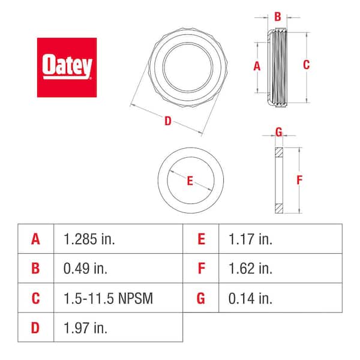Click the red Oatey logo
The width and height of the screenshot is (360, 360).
pyautogui.click(x=67, y=67)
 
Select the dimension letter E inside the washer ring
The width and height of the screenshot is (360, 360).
pyautogui.click(x=190, y=181)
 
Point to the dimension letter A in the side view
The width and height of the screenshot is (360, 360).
pyautogui.click(x=257, y=67)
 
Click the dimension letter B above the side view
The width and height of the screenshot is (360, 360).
pyautogui.click(x=278, y=17)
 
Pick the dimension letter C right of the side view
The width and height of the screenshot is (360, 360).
pyautogui.click(x=306, y=65)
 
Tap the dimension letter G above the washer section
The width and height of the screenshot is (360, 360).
pyautogui.click(x=278, y=132)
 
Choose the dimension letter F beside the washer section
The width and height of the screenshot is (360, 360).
pyautogui.click(x=301, y=179)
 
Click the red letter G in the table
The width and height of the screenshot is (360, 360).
pyautogui.click(x=201, y=297)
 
